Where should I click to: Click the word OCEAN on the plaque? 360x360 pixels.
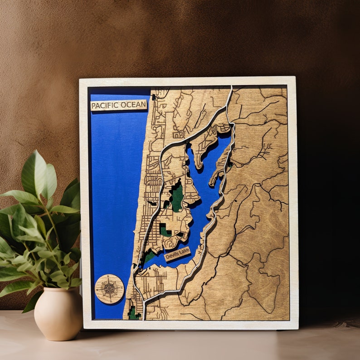coord(135,105)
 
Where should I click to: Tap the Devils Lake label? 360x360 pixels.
coord(177,254)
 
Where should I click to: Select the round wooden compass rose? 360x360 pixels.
coord(109,289)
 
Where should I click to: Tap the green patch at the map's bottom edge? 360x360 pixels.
coord(132,313)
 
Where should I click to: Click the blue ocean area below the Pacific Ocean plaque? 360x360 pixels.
coord(116,181)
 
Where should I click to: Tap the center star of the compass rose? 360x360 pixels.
coord(109,289)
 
